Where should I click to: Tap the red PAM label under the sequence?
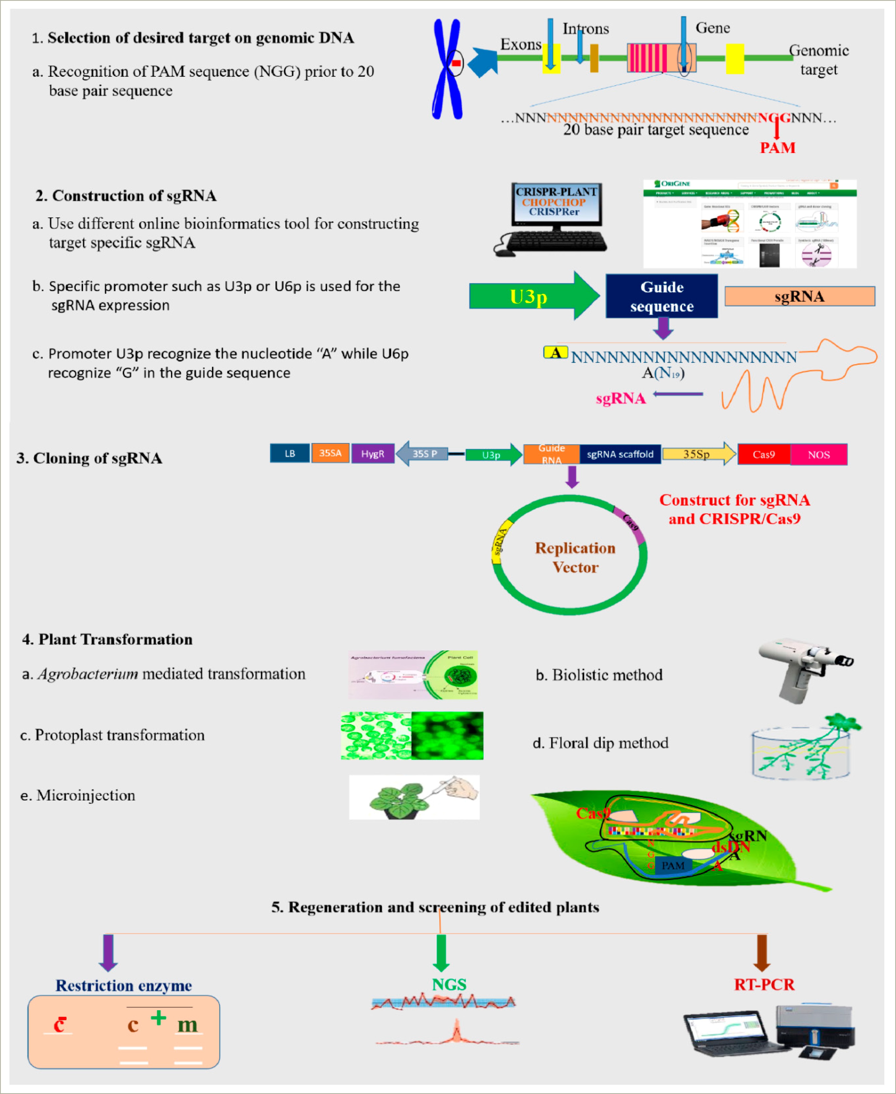(x=777, y=148)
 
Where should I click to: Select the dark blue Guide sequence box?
(x=661, y=296)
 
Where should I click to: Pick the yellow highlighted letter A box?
(x=555, y=353)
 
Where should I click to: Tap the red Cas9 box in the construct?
(x=763, y=454)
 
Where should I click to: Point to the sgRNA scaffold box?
(x=620, y=454)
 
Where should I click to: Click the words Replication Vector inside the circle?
(x=575, y=558)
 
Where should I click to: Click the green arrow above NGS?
(x=441, y=952)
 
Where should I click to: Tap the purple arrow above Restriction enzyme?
(x=108, y=952)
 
